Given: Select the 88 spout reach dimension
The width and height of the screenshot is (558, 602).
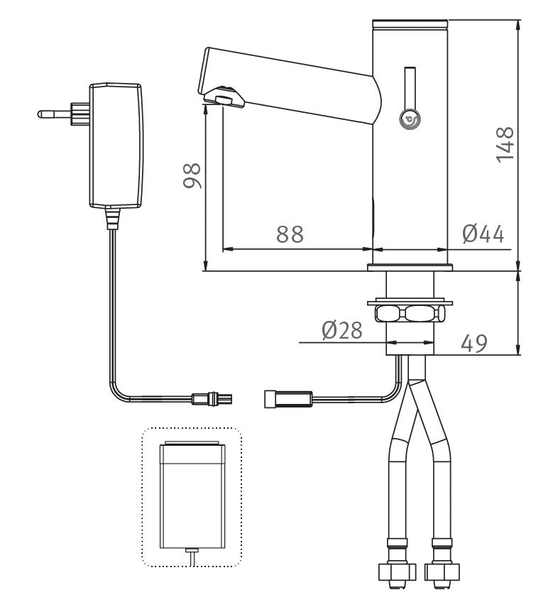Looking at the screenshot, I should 290,234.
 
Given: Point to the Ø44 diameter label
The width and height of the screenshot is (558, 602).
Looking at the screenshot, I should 483,234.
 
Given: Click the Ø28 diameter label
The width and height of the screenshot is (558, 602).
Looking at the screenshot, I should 341,330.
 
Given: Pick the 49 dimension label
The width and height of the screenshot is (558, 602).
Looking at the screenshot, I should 474,343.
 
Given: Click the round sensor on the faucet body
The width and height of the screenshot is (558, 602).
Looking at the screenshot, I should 410,121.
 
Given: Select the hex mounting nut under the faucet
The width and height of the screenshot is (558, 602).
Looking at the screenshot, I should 410,312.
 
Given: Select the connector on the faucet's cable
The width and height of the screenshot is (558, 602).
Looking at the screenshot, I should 287,399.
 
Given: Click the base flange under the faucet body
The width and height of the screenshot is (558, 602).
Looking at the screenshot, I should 410,268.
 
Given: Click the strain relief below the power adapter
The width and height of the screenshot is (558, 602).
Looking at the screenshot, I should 111,217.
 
